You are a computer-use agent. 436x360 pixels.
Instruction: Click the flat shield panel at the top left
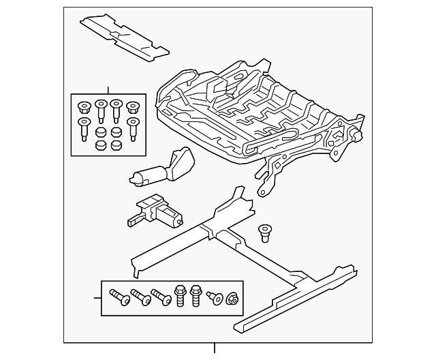click(124, 35)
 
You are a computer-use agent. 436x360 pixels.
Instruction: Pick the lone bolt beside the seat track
click(264, 232)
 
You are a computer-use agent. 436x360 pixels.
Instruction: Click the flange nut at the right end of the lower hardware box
click(232, 297)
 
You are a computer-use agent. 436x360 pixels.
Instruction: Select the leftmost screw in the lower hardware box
click(119, 298)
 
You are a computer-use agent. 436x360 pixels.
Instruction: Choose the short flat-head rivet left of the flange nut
click(215, 297)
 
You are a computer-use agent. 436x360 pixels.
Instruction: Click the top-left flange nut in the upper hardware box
click(84, 107)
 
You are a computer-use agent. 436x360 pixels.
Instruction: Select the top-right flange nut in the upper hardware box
click(131, 107)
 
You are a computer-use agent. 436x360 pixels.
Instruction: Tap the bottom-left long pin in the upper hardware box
click(84, 129)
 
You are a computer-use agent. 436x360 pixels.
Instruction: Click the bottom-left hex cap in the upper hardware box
click(100, 145)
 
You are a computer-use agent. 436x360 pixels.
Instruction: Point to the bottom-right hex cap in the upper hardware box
click(116, 145)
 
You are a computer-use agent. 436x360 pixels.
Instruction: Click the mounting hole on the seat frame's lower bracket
click(262, 193)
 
